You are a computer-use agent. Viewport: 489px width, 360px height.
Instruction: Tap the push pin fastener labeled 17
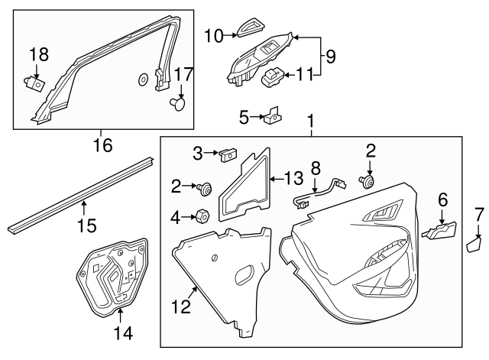180,102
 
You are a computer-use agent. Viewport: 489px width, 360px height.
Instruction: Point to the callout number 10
214,34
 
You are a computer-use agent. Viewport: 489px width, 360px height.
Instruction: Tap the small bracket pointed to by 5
271,118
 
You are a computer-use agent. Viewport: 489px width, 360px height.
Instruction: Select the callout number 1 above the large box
310,122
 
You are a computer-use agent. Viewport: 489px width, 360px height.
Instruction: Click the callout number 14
122,333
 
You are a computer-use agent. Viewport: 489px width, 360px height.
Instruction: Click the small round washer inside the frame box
143,79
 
